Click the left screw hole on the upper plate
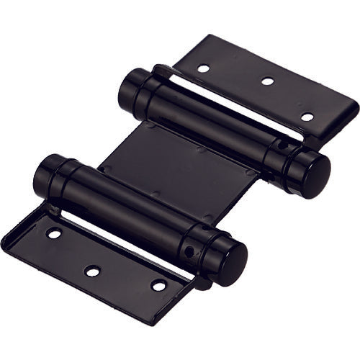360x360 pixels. click(x=204, y=69)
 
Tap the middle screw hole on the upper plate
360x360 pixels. click(x=267, y=81)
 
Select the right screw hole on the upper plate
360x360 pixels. click(x=307, y=117)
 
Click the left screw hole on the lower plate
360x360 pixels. click(x=54, y=233)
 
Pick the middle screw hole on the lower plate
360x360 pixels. click(x=92, y=271)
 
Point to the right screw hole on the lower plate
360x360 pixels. click(x=158, y=285)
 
